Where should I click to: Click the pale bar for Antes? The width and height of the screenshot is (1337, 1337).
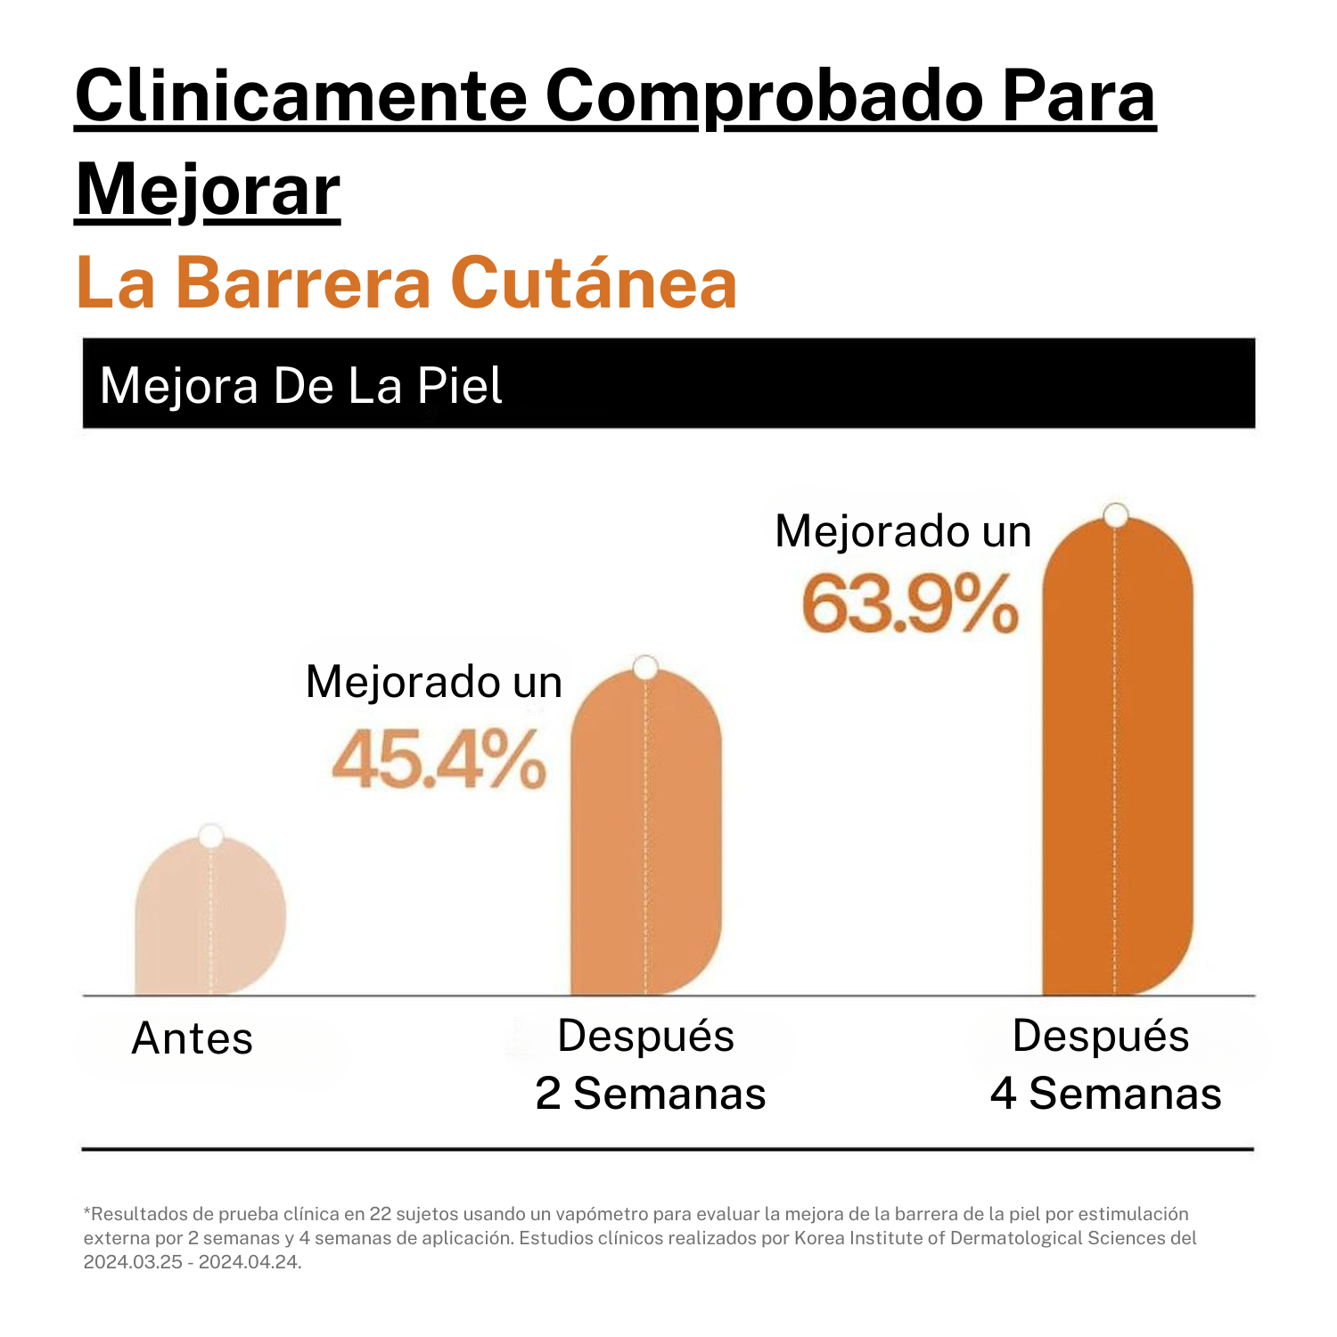(210, 918)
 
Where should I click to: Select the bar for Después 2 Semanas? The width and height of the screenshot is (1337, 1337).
(645, 838)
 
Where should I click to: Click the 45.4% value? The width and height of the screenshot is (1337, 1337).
(439, 760)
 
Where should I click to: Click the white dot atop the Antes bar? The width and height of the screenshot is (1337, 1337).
(211, 836)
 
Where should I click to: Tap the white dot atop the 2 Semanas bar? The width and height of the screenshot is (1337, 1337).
(645, 667)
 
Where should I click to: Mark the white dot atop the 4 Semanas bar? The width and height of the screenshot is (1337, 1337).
(1115, 515)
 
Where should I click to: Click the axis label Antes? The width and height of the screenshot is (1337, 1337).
(193, 1038)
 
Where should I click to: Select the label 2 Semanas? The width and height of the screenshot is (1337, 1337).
(651, 1094)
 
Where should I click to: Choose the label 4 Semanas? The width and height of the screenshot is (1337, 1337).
(1105, 1094)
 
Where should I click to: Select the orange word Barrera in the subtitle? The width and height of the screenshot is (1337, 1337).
(303, 283)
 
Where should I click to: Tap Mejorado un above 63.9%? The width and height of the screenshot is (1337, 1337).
(903, 531)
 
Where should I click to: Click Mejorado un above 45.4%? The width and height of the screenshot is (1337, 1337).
(434, 682)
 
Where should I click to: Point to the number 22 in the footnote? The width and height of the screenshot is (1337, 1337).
(381, 1214)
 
